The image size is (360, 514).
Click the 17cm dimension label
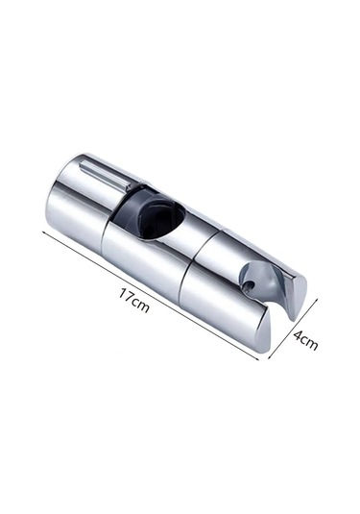click(133, 301)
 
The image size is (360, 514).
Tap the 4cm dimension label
click(305, 340)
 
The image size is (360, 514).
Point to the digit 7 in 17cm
click(129, 296)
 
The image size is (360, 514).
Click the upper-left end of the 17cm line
click(43, 232)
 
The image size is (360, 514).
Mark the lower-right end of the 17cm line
click(259, 359)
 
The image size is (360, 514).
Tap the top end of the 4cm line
click(318, 298)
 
